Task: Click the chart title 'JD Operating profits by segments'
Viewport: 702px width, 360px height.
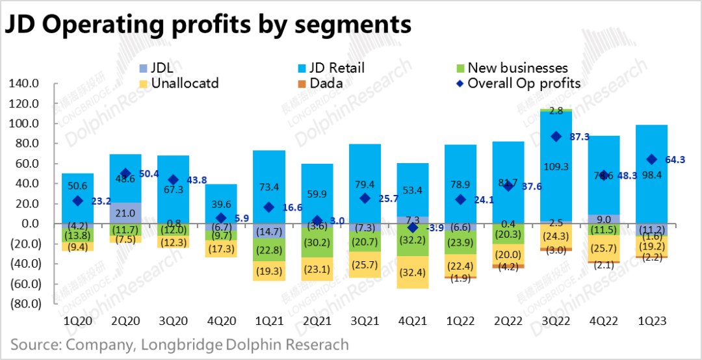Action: pyautogui.click(x=208, y=24)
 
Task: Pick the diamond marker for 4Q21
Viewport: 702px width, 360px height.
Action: pyautogui.click(x=412, y=227)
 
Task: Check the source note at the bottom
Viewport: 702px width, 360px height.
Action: pyautogui.click(x=179, y=344)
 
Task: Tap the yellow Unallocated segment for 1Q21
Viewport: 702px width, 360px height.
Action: pyautogui.click(x=268, y=268)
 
